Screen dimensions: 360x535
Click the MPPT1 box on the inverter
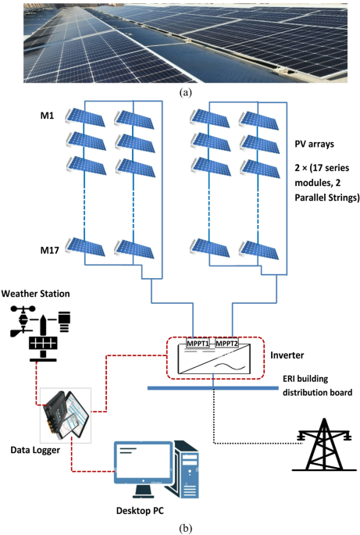(x=198, y=343)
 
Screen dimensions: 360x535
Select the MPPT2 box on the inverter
(x=227, y=343)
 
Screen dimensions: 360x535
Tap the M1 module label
(x=48, y=116)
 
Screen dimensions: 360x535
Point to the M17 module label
(x=50, y=251)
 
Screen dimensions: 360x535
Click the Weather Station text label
(x=35, y=294)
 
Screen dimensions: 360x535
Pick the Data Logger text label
(x=35, y=450)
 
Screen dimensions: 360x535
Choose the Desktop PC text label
(x=140, y=511)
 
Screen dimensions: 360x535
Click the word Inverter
(x=287, y=355)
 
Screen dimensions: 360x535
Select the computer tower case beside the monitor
(x=187, y=469)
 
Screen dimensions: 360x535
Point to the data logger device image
(x=66, y=416)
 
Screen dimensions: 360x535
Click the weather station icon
(x=41, y=333)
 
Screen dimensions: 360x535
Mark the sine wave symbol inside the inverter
(x=230, y=366)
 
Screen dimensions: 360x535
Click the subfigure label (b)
(x=186, y=528)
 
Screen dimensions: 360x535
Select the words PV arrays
(x=314, y=144)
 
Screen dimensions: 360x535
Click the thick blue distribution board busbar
(x=213, y=388)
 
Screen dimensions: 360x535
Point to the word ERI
(x=290, y=379)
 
